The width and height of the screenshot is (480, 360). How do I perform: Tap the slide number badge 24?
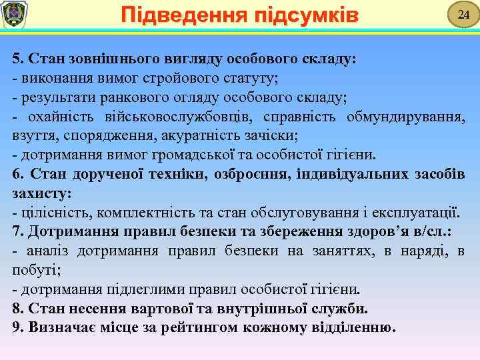[459, 15]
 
